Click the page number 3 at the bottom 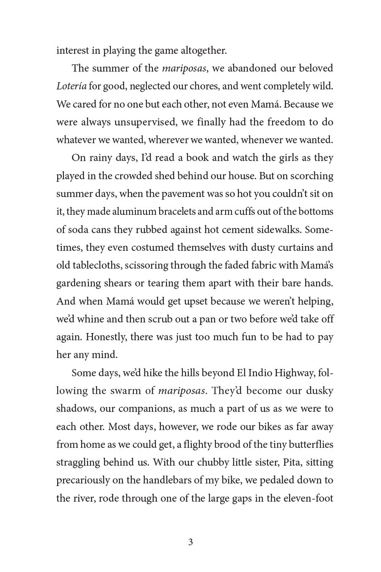[x=190, y=542]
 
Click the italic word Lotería [x=71, y=86]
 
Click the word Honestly [x=106, y=337]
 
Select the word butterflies [x=306, y=444]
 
